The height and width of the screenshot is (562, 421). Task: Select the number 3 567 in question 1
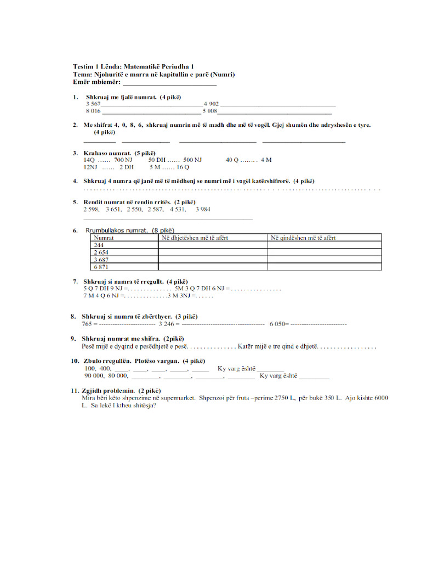click(x=93, y=104)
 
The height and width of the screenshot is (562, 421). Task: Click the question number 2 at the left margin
click(x=75, y=125)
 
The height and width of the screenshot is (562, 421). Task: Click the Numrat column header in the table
click(x=104, y=238)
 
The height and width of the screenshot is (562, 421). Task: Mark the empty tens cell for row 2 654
click(x=213, y=252)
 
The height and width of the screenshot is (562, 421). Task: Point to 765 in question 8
click(x=87, y=324)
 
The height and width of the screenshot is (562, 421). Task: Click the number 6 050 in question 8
click(x=278, y=324)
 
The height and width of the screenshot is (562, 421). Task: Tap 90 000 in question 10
click(x=94, y=376)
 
